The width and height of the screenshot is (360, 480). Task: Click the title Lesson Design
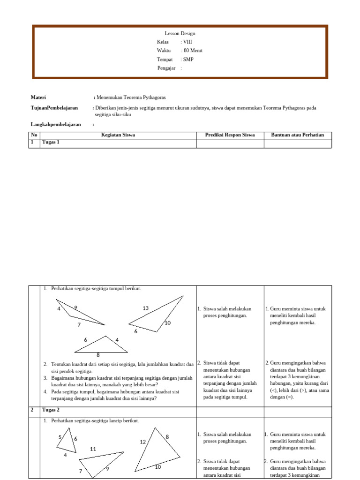click(180, 33)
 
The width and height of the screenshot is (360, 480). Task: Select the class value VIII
click(187, 42)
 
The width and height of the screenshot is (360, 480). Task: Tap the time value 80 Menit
click(193, 51)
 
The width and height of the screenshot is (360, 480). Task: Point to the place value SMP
click(188, 60)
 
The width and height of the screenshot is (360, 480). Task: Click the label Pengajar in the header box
click(166, 68)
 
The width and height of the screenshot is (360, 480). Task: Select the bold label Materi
click(38, 97)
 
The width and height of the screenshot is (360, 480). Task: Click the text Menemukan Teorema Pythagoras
click(131, 97)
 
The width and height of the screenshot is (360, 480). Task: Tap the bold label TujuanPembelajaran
click(54, 108)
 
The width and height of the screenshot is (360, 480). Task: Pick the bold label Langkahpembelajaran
click(56, 125)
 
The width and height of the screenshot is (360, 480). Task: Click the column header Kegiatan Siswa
click(118, 135)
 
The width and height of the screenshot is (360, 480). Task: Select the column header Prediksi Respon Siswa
click(230, 135)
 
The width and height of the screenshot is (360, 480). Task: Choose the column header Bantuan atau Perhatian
click(298, 135)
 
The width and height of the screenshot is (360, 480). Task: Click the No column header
click(34, 135)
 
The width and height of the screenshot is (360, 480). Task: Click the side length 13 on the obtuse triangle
click(146, 308)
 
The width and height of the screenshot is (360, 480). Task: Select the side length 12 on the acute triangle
click(143, 442)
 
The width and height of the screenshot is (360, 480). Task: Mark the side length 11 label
click(93, 449)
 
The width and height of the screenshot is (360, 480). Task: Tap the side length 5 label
click(60, 437)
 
